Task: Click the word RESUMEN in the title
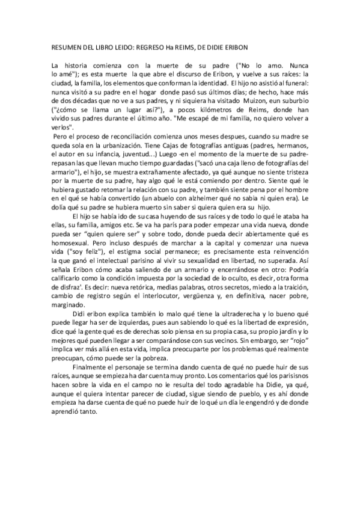coord(64,46)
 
